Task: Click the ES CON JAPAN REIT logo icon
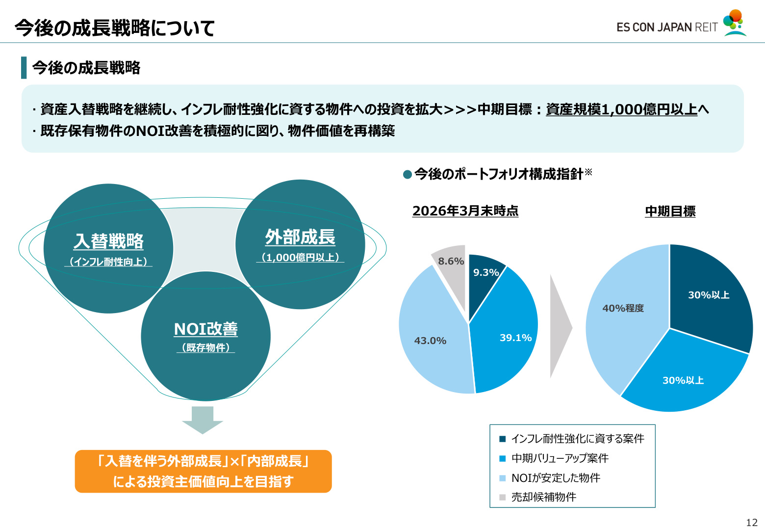click(735, 23)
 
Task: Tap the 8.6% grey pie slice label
click(451, 261)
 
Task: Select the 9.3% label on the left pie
click(486, 272)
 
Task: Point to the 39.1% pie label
click(516, 338)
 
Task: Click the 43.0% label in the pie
click(431, 341)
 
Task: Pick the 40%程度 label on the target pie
click(623, 308)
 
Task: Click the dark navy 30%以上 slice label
click(709, 295)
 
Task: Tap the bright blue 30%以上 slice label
click(683, 380)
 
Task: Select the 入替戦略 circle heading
click(108, 241)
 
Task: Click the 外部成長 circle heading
click(300, 237)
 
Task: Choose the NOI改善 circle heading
click(205, 329)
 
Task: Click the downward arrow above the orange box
click(203, 420)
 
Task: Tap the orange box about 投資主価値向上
click(203, 471)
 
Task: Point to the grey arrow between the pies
click(561, 326)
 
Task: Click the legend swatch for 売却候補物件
click(502, 497)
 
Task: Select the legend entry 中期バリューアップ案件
click(560, 458)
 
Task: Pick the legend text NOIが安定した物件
click(556, 477)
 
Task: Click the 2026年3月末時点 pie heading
click(465, 211)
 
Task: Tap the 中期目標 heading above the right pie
click(670, 211)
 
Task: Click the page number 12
click(752, 523)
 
